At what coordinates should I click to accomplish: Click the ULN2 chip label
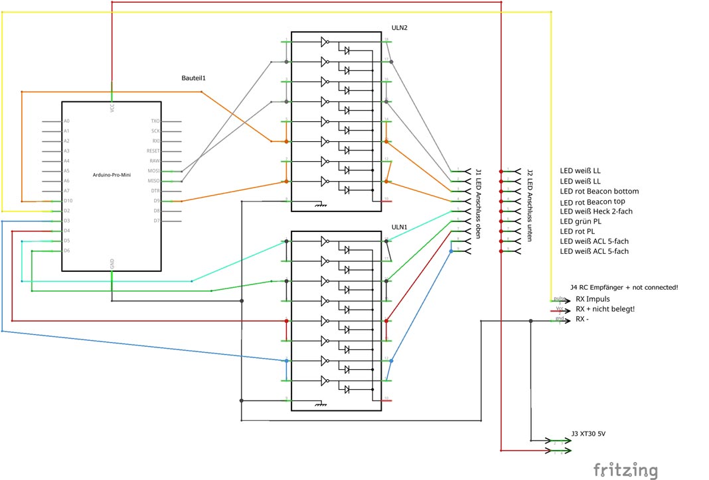[x=400, y=28]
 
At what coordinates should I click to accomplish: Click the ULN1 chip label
[x=399, y=227]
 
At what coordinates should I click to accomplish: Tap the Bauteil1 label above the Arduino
[x=194, y=78]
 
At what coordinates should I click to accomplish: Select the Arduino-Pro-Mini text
[x=112, y=174]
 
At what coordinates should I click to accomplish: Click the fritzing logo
[x=626, y=469]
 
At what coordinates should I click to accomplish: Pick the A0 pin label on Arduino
[x=66, y=121]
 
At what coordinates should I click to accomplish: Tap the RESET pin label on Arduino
[x=153, y=150]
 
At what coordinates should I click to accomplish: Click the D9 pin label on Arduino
[x=157, y=200]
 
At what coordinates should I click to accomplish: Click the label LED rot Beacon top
[x=592, y=202]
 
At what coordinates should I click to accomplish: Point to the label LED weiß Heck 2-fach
[x=596, y=211]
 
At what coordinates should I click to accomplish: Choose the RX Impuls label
[x=592, y=299]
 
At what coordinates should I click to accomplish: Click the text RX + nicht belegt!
[x=605, y=309]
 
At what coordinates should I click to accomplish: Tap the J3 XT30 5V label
[x=588, y=434]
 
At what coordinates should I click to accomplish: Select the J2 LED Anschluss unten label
[x=529, y=205]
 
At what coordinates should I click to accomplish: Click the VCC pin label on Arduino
[x=112, y=106]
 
